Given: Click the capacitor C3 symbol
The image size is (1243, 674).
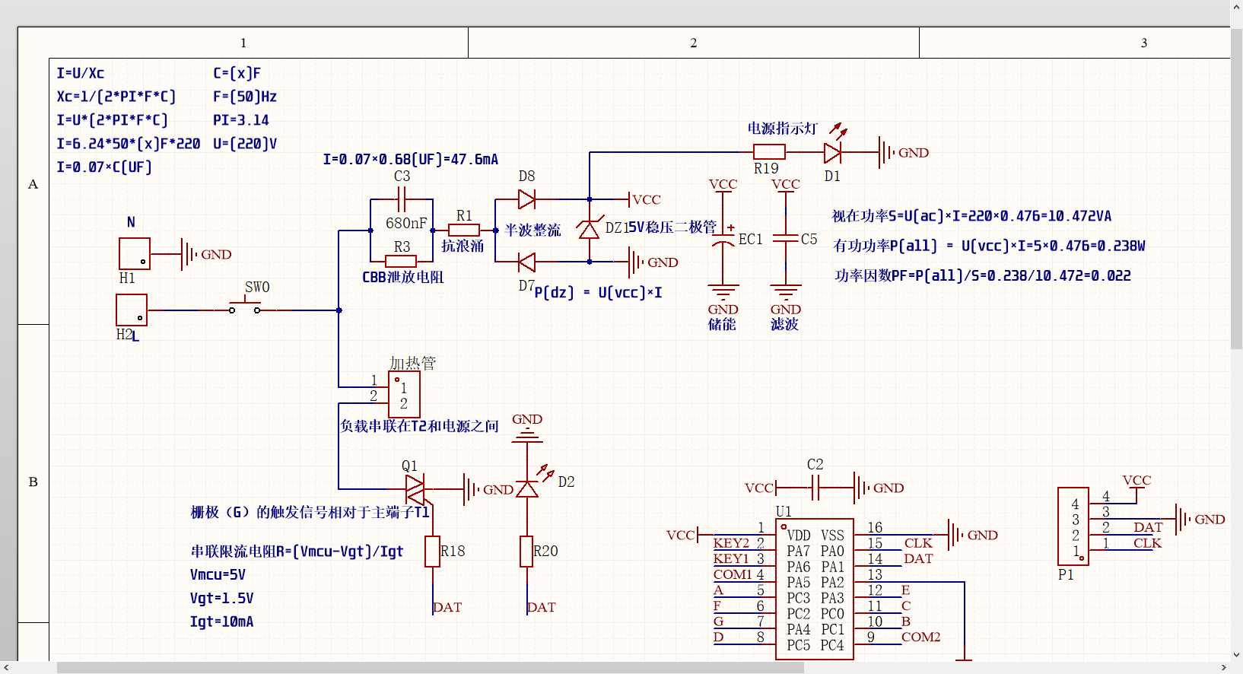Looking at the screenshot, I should (x=402, y=200).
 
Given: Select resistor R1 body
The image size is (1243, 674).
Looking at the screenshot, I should (x=463, y=230).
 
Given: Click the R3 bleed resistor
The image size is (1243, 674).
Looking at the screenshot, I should (x=401, y=262).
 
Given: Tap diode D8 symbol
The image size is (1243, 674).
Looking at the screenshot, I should (x=526, y=200).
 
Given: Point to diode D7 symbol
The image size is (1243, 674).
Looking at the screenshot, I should (x=526, y=262).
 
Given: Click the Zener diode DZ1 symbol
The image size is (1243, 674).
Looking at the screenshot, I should (x=589, y=229).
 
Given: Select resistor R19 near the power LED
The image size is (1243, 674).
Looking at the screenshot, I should (x=769, y=152).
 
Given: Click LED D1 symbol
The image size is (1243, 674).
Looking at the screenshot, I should (x=833, y=152).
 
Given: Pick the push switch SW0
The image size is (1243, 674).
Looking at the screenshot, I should (x=244, y=309).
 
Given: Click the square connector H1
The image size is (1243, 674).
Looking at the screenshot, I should (x=135, y=253).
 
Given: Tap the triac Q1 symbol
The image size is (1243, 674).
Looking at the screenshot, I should (x=415, y=489).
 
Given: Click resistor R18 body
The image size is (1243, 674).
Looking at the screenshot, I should (x=433, y=552).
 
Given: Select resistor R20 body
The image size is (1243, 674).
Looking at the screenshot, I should (x=526, y=552).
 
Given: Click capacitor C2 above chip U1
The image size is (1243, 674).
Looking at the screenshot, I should (x=815, y=488).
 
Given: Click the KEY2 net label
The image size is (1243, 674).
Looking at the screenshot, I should (x=731, y=543).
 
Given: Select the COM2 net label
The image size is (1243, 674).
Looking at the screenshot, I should (x=920, y=637).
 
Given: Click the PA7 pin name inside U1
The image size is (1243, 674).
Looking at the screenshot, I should (x=798, y=551).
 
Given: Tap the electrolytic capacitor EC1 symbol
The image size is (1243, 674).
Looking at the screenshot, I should (x=723, y=239).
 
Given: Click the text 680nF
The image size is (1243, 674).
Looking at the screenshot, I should (x=406, y=223).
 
